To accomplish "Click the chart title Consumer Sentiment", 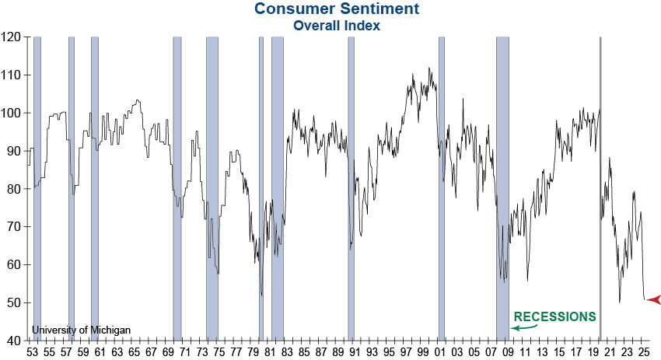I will click(x=336, y=9).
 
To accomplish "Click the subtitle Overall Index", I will click(x=336, y=25).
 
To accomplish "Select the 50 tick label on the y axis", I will click(x=14, y=302).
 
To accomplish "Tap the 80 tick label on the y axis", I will click(x=14, y=189).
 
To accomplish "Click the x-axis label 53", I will click(x=32, y=351).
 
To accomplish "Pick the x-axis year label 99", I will click(x=423, y=351).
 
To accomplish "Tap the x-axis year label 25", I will click(x=643, y=351).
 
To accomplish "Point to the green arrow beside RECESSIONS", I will click(x=523, y=328).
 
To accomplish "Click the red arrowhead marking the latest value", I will click(x=652, y=299).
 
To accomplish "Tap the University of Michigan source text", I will click(x=82, y=330).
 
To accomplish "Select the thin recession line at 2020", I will click(x=600, y=187).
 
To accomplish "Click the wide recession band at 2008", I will click(x=502, y=187).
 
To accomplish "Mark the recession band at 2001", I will click(x=441, y=187).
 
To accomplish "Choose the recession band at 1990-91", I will click(x=351, y=187).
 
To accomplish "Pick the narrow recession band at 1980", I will click(x=261, y=187).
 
